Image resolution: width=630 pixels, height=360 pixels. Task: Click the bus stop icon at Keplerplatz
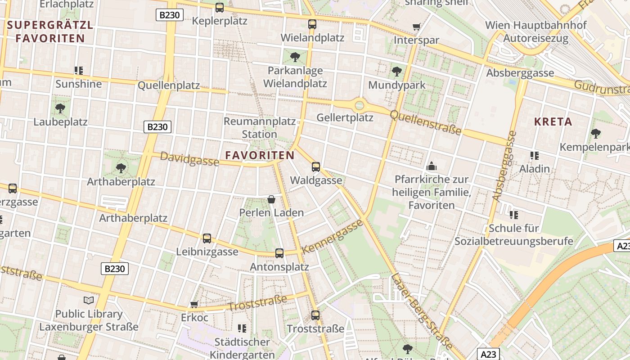click(x=220, y=8)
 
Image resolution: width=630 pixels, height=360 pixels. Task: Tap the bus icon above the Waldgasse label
click(x=316, y=167)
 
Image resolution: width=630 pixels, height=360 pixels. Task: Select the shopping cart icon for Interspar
click(x=417, y=27)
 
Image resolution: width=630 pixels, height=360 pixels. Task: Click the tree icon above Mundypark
click(x=397, y=71)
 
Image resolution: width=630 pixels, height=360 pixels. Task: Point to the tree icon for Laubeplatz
click(x=60, y=108)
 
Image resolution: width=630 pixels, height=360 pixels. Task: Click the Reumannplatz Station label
click(x=260, y=128)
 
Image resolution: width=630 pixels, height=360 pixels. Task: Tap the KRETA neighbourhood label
click(x=553, y=121)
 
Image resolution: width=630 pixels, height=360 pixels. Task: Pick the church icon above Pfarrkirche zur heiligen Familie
click(x=432, y=166)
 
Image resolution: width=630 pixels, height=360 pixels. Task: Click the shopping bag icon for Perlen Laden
click(x=271, y=199)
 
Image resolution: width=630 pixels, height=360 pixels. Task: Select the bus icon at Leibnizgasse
click(x=207, y=238)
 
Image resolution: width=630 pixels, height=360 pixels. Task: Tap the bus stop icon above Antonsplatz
click(x=279, y=253)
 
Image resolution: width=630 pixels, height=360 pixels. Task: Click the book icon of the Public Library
click(x=89, y=300)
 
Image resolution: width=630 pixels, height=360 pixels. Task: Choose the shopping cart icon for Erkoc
click(x=194, y=305)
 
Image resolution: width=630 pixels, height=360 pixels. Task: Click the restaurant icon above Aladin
click(x=535, y=156)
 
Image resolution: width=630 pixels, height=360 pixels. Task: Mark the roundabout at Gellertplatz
click(x=359, y=106)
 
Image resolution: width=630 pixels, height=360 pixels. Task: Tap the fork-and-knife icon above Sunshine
click(x=79, y=71)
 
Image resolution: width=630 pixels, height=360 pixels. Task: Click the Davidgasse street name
click(x=189, y=159)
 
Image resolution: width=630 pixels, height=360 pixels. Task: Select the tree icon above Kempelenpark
click(x=596, y=134)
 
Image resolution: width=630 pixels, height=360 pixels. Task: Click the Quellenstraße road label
click(x=426, y=122)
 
